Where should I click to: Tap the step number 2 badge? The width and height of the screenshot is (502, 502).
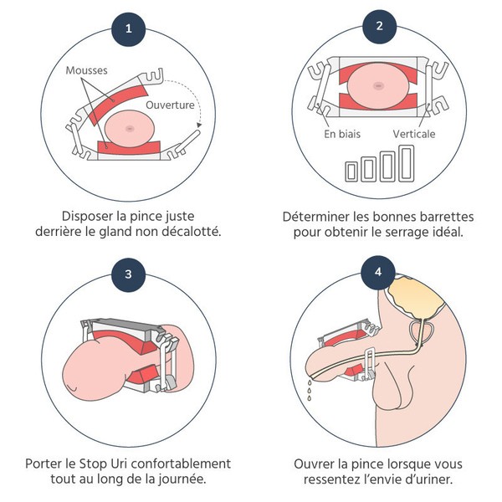pos(380,26)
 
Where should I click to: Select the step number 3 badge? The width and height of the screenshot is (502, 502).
pos(128,274)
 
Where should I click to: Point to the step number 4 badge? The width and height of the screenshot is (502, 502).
pos(380,274)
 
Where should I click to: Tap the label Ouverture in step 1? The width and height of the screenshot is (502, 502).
pos(170,106)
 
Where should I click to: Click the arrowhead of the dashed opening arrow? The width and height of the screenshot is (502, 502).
pos(198,125)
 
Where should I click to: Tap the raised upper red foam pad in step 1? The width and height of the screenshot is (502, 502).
pos(121,98)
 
